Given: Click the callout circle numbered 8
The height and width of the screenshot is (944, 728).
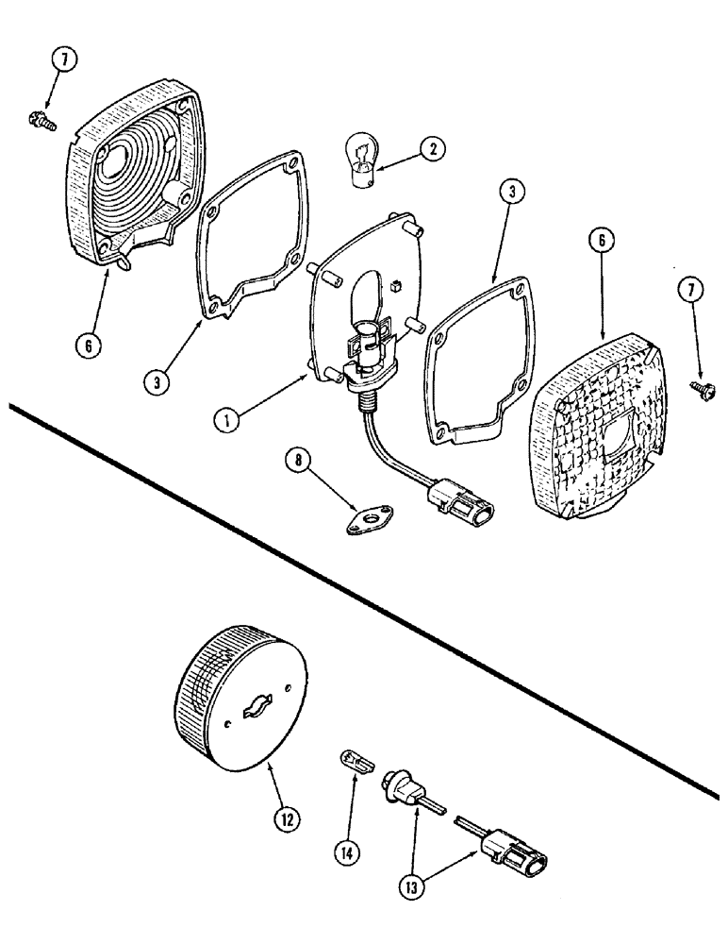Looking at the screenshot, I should click(300, 463).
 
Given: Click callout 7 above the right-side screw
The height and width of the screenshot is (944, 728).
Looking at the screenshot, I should click(690, 292).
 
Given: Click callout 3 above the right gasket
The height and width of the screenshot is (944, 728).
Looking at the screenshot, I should click(509, 193).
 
